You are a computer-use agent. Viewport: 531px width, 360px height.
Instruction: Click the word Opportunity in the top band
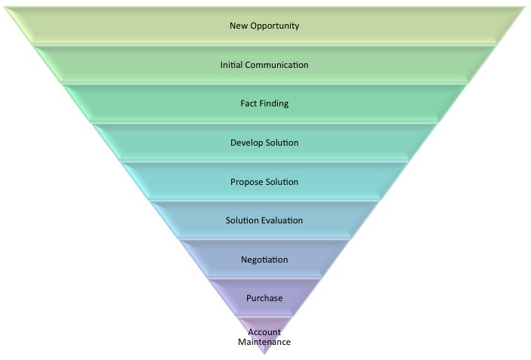(274, 26)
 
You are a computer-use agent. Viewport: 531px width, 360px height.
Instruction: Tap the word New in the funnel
(239, 26)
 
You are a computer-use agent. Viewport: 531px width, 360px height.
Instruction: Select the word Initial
(232, 65)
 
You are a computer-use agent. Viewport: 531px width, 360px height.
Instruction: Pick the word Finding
(274, 103)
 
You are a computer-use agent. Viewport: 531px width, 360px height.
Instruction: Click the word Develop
(246, 143)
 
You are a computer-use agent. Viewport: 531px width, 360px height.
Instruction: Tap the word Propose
(246, 182)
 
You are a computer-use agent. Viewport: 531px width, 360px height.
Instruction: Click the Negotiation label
(264, 260)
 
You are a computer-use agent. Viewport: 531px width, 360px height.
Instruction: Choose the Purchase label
(264, 298)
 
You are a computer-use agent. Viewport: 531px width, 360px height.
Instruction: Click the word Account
(264, 332)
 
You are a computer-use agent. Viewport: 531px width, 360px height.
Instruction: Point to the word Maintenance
(264, 342)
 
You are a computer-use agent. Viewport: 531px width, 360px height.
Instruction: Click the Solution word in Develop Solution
(282, 143)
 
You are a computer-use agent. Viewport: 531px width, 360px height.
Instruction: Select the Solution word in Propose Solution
(282, 182)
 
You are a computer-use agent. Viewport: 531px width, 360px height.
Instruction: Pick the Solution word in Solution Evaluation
(242, 220)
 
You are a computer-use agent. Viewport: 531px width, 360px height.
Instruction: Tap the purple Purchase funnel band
(227, 298)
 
